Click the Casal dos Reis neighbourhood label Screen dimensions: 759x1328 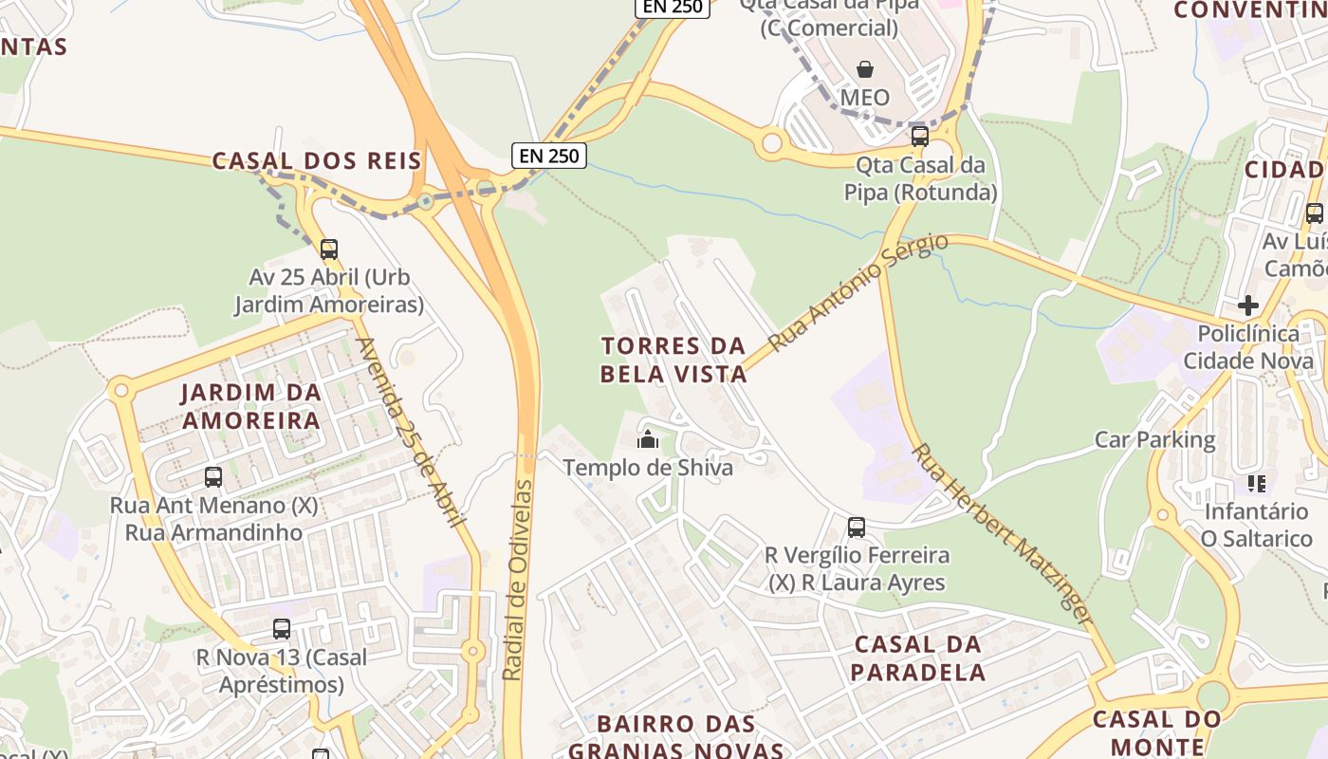coord(317,160)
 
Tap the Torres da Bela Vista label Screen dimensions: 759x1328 coord(674,360)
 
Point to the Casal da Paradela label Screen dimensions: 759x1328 coord(917,658)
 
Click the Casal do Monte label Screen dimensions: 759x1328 coord(1157,732)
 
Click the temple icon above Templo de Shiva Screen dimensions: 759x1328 coord(648,438)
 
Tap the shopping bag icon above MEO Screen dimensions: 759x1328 coord(865,69)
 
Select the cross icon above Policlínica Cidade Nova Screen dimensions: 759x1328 coord(1248,305)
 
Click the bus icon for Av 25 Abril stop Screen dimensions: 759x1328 coord(328,250)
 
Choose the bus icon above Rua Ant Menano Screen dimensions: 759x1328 coord(213,477)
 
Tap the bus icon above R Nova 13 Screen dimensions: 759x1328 coord(282,629)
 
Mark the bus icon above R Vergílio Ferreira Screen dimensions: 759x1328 coord(857,528)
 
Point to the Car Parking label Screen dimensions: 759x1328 coord(1154,439)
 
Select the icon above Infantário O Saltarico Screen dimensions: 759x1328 coord(1257,484)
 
